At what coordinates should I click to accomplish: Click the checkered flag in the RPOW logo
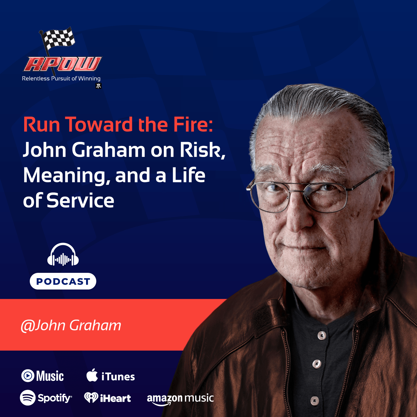58,38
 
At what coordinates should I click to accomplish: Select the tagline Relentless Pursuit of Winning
61,79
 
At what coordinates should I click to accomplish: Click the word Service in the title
80,201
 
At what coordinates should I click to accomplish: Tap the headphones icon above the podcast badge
63,255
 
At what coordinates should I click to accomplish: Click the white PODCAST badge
63,281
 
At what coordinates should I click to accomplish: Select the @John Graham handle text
71,325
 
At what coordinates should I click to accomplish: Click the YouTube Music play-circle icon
28,376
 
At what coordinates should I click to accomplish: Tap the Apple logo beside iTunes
92,375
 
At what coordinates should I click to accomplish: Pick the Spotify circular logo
28,398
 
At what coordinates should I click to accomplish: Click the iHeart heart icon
91,397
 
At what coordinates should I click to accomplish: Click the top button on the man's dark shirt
322,336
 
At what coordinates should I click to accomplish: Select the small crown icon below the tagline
98,86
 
